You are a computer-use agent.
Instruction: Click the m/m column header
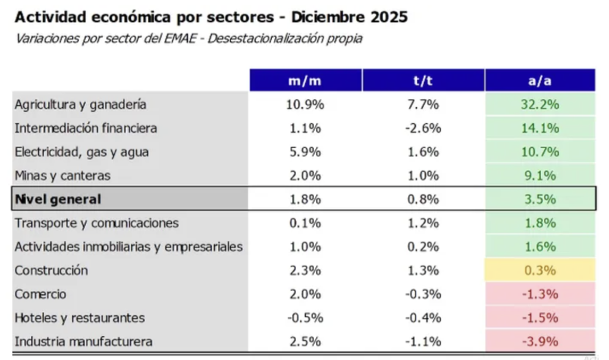pos(304,80)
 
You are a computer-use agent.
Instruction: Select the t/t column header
pos(423,80)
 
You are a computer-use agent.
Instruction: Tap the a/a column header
pos(539,80)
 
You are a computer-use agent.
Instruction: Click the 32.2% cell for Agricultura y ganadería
pos(540,104)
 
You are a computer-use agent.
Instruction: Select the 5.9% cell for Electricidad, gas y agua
pos(304,152)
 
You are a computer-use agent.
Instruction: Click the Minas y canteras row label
pos(62,176)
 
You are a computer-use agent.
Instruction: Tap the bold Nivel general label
pos(58,199)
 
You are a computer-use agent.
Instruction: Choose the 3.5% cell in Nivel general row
pos(540,199)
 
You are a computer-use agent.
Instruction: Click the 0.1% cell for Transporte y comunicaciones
pos(304,223)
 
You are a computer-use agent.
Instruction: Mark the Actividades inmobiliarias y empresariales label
pos(128,247)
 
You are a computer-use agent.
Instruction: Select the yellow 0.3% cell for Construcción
pos(540,270)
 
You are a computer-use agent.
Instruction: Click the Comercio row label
pos(40,294)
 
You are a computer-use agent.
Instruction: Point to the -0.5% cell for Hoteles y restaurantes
pos(304,318)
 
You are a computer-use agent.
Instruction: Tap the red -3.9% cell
pos(540,342)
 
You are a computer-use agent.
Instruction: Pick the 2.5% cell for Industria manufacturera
pos(304,342)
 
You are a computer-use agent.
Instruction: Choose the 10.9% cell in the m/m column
pos(304,104)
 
